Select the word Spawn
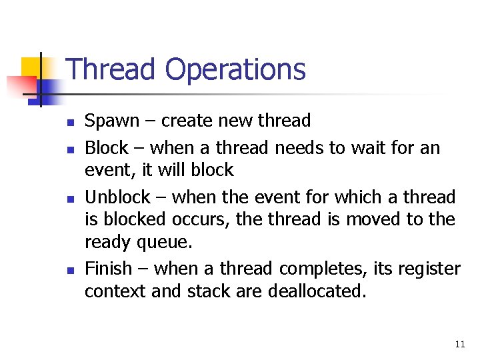coord(112,121)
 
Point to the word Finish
coord(109,269)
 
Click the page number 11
coord(459,344)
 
